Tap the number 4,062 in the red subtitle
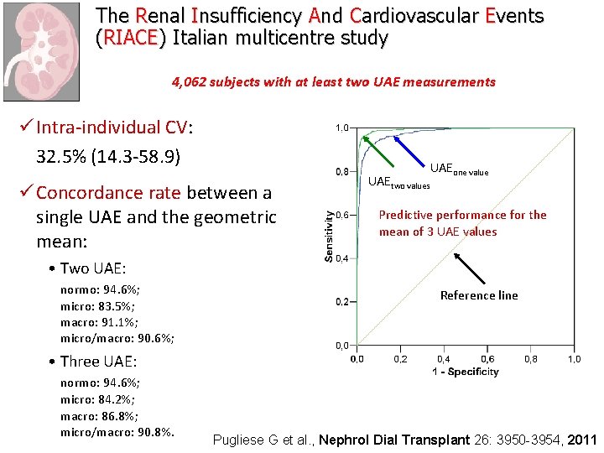click(190, 82)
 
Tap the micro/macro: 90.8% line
click(117, 432)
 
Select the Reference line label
click(479, 295)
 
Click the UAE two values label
click(399, 182)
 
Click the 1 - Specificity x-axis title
click(465, 371)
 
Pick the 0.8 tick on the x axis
click(530, 359)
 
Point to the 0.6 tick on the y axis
click(342, 215)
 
